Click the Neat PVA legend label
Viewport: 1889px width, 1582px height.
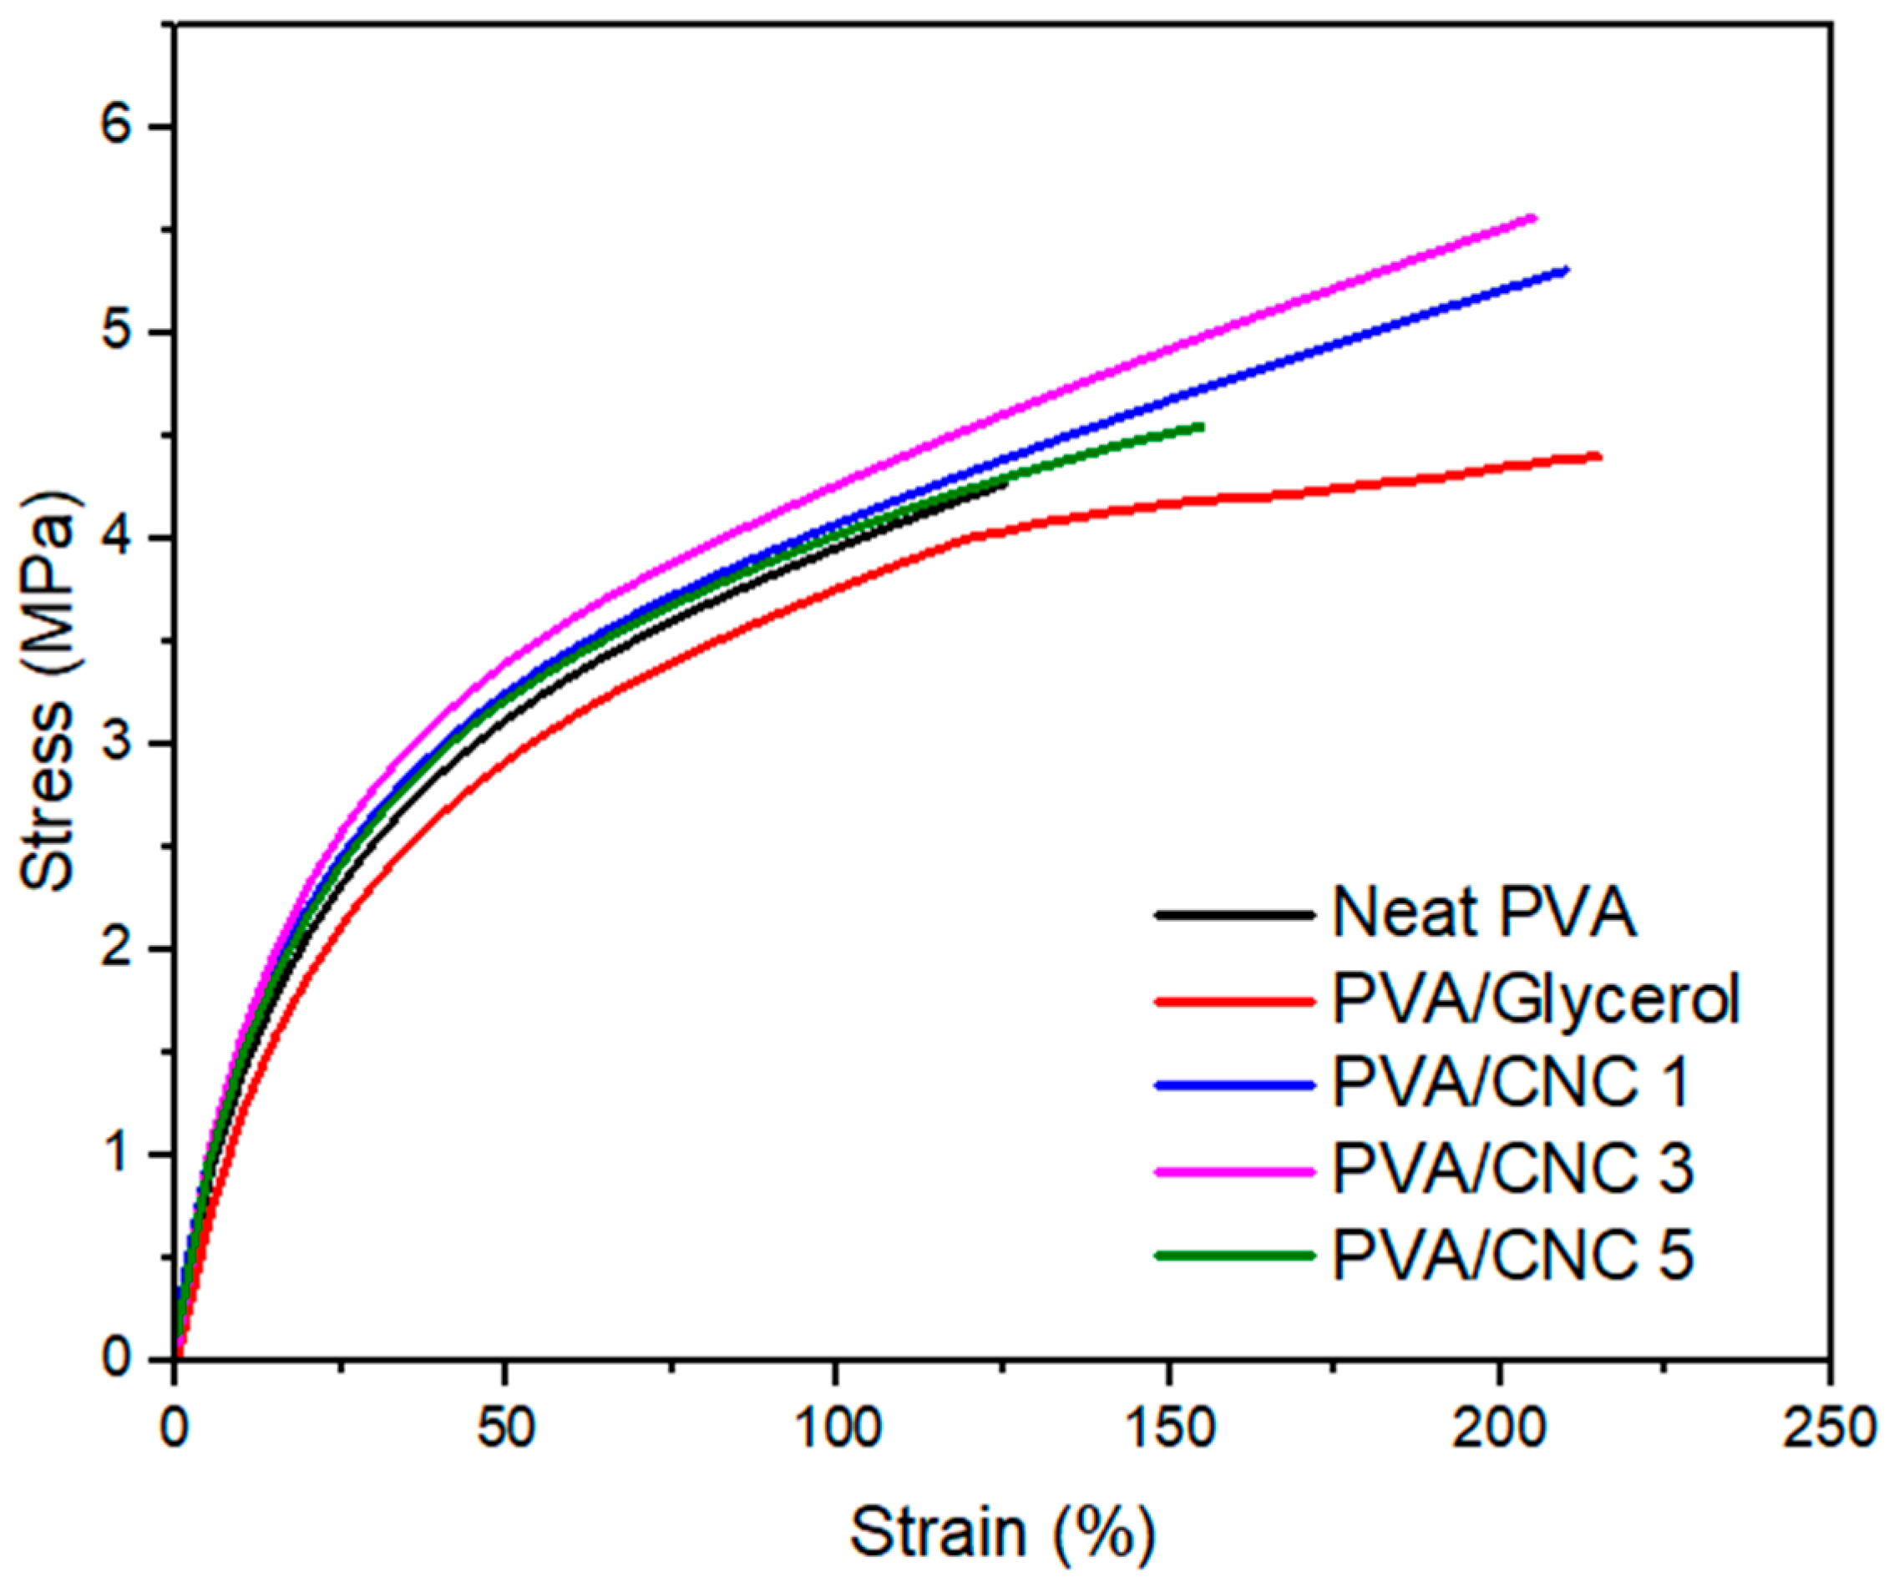[1483, 914]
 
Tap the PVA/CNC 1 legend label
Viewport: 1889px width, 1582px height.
[1512, 1084]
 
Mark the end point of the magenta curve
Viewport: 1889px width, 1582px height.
[1534, 218]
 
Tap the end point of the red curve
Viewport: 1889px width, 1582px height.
[1598, 457]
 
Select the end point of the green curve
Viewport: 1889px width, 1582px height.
[1202, 426]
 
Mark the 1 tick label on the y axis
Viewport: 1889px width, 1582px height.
[124, 1155]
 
